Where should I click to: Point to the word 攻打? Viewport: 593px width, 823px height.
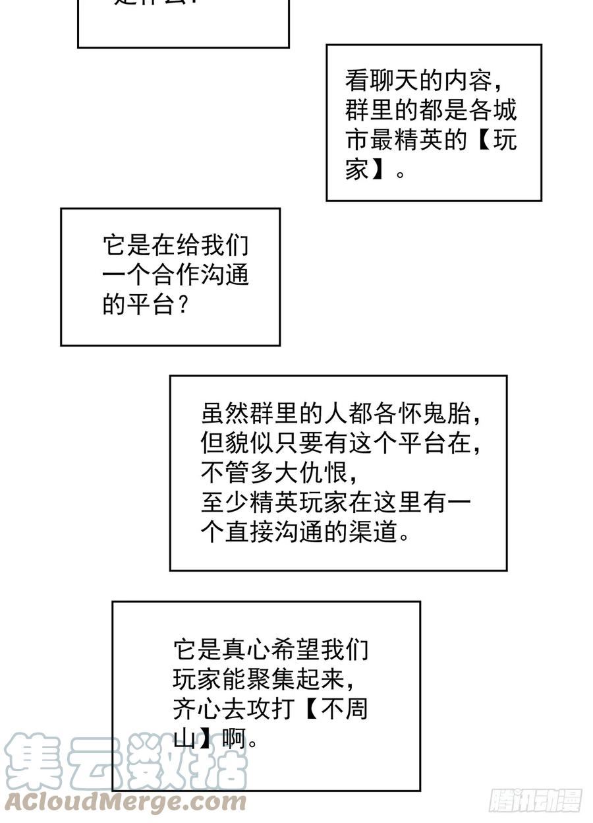click(271, 710)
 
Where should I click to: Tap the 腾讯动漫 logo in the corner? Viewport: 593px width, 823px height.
click(536, 801)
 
